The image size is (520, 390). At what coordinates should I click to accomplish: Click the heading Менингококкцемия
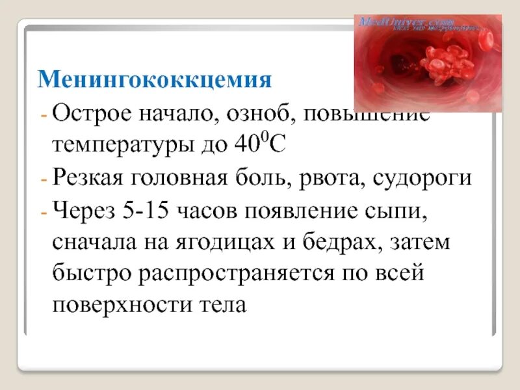tap(154, 80)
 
